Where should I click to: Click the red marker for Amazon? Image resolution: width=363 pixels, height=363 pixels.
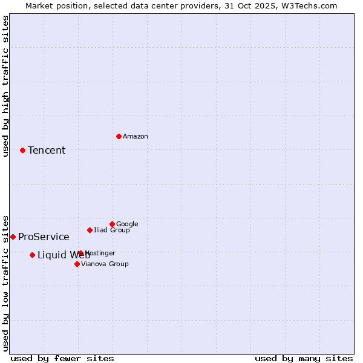(119, 136)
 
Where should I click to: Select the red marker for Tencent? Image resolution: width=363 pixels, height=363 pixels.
(22, 150)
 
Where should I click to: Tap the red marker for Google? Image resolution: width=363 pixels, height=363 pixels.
(112, 224)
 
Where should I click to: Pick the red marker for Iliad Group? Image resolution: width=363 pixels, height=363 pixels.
(90, 230)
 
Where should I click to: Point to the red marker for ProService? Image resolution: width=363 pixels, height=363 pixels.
(13, 237)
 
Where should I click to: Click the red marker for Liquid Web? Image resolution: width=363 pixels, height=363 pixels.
(32, 255)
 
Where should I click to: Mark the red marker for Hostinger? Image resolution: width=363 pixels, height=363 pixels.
(80, 253)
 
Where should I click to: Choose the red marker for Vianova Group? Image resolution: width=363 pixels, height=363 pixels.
(77, 264)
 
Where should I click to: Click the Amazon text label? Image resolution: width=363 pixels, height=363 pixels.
(136, 137)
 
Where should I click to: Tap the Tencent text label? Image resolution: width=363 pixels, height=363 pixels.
(47, 151)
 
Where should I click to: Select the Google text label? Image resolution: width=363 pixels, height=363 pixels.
(127, 224)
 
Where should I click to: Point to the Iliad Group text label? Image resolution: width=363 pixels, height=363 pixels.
(112, 231)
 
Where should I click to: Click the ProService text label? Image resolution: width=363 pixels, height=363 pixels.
(44, 237)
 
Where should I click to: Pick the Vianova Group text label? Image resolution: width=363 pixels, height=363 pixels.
(105, 264)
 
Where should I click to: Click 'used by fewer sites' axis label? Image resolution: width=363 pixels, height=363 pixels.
(62, 358)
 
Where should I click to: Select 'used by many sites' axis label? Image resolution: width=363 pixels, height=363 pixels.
(304, 358)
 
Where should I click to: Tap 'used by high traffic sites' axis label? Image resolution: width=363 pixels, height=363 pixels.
(5, 86)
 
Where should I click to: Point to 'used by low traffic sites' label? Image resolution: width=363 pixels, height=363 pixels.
(5, 283)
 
